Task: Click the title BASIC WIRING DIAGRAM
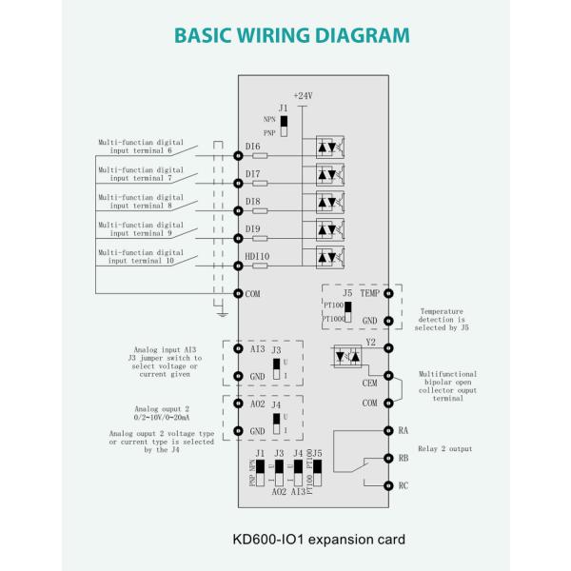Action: [x=292, y=36]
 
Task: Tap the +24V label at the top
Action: [x=303, y=96]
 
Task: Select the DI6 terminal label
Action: [x=253, y=146]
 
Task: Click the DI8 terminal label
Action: [x=253, y=202]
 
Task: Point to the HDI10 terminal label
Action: [x=257, y=257]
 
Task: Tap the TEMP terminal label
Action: [x=371, y=293]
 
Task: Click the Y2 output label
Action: [x=371, y=341]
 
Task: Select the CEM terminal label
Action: [x=371, y=383]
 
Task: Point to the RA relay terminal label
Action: [x=404, y=430]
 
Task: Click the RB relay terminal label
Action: [x=404, y=458]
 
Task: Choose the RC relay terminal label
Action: [x=404, y=485]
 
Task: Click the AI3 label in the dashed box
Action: [x=257, y=349]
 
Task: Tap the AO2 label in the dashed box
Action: [x=257, y=404]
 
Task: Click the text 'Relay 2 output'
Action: [x=444, y=448]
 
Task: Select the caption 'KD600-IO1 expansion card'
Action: [x=318, y=539]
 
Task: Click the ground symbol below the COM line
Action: [x=219, y=310]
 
